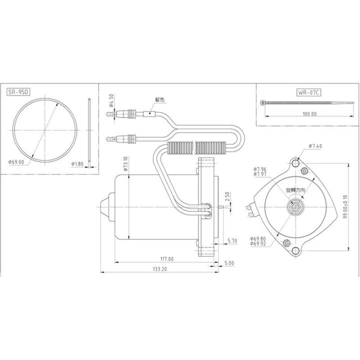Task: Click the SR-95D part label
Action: (x=19, y=92)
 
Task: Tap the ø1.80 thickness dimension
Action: (x=78, y=163)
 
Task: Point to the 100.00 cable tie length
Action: (x=309, y=114)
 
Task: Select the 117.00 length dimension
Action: (x=166, y=259)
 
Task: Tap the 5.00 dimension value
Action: (x=229, y=263)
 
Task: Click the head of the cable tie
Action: (x=263, y=103)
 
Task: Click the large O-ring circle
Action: (x=45, y=130)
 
